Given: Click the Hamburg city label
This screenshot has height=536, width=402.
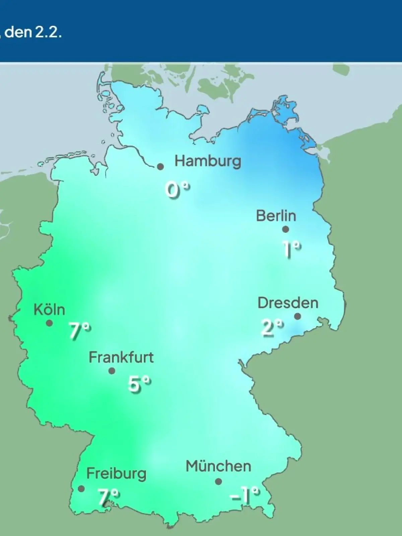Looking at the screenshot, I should (208, 161).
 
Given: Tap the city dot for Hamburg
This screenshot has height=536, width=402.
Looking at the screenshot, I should (161, 166).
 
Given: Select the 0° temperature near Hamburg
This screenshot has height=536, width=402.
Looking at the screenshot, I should (178, 190).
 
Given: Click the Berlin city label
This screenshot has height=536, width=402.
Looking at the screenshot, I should (276, 216).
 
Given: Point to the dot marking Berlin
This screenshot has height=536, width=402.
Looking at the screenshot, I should (285, 229).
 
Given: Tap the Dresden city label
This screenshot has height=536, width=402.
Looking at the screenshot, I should (288, 303).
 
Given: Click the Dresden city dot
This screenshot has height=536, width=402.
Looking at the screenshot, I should (297, 316).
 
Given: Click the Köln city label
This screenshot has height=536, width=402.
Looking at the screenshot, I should (49, 310).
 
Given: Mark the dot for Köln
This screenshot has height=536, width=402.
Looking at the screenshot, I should (49, 323).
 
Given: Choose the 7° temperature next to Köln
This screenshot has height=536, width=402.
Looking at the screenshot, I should (80, 331).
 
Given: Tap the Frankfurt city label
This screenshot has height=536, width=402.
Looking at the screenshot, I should (121, 357).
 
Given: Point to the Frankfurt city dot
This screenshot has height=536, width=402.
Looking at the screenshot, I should (112, 371).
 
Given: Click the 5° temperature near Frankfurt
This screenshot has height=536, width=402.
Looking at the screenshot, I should (139, 384).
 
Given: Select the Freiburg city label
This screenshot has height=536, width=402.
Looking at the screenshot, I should (116, 474).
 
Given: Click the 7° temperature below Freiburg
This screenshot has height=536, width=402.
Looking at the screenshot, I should (108, 496).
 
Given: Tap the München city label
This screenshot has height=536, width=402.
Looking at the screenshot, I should (218, 466).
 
